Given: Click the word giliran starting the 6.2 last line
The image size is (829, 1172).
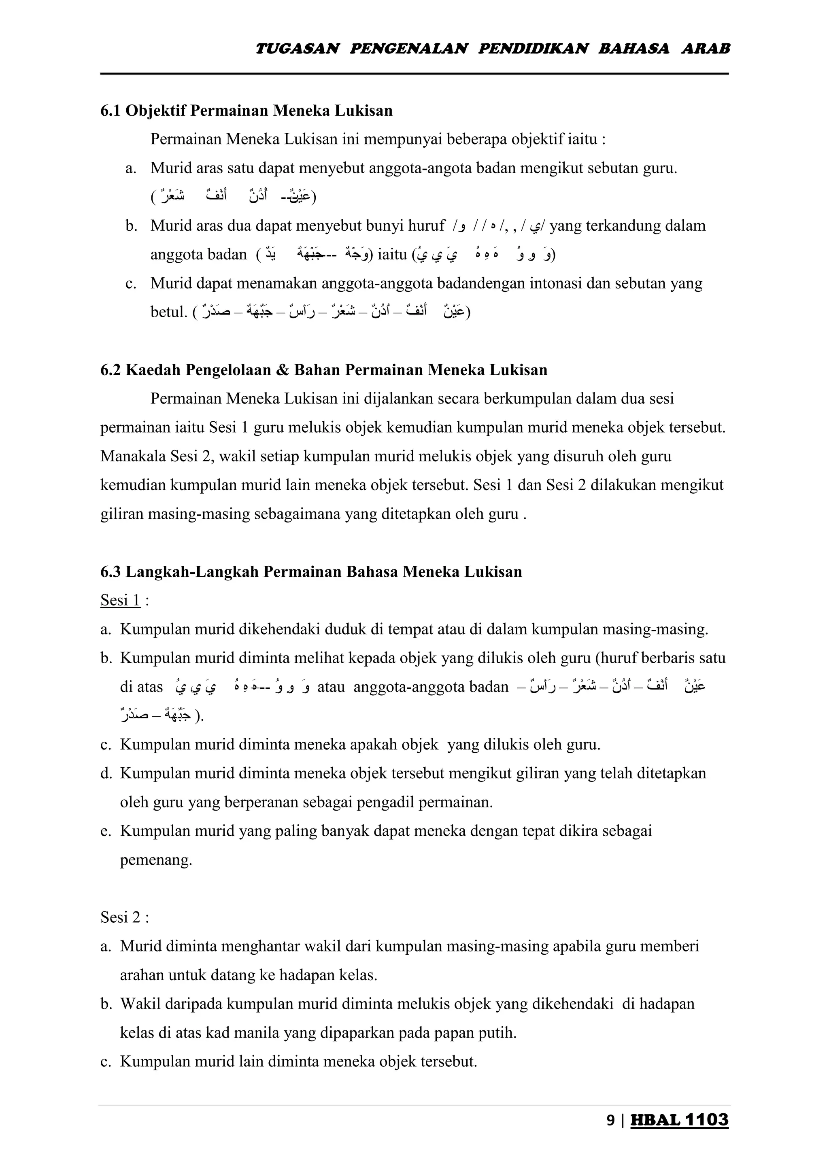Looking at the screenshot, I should pyautogui.click(x=121, y=514).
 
